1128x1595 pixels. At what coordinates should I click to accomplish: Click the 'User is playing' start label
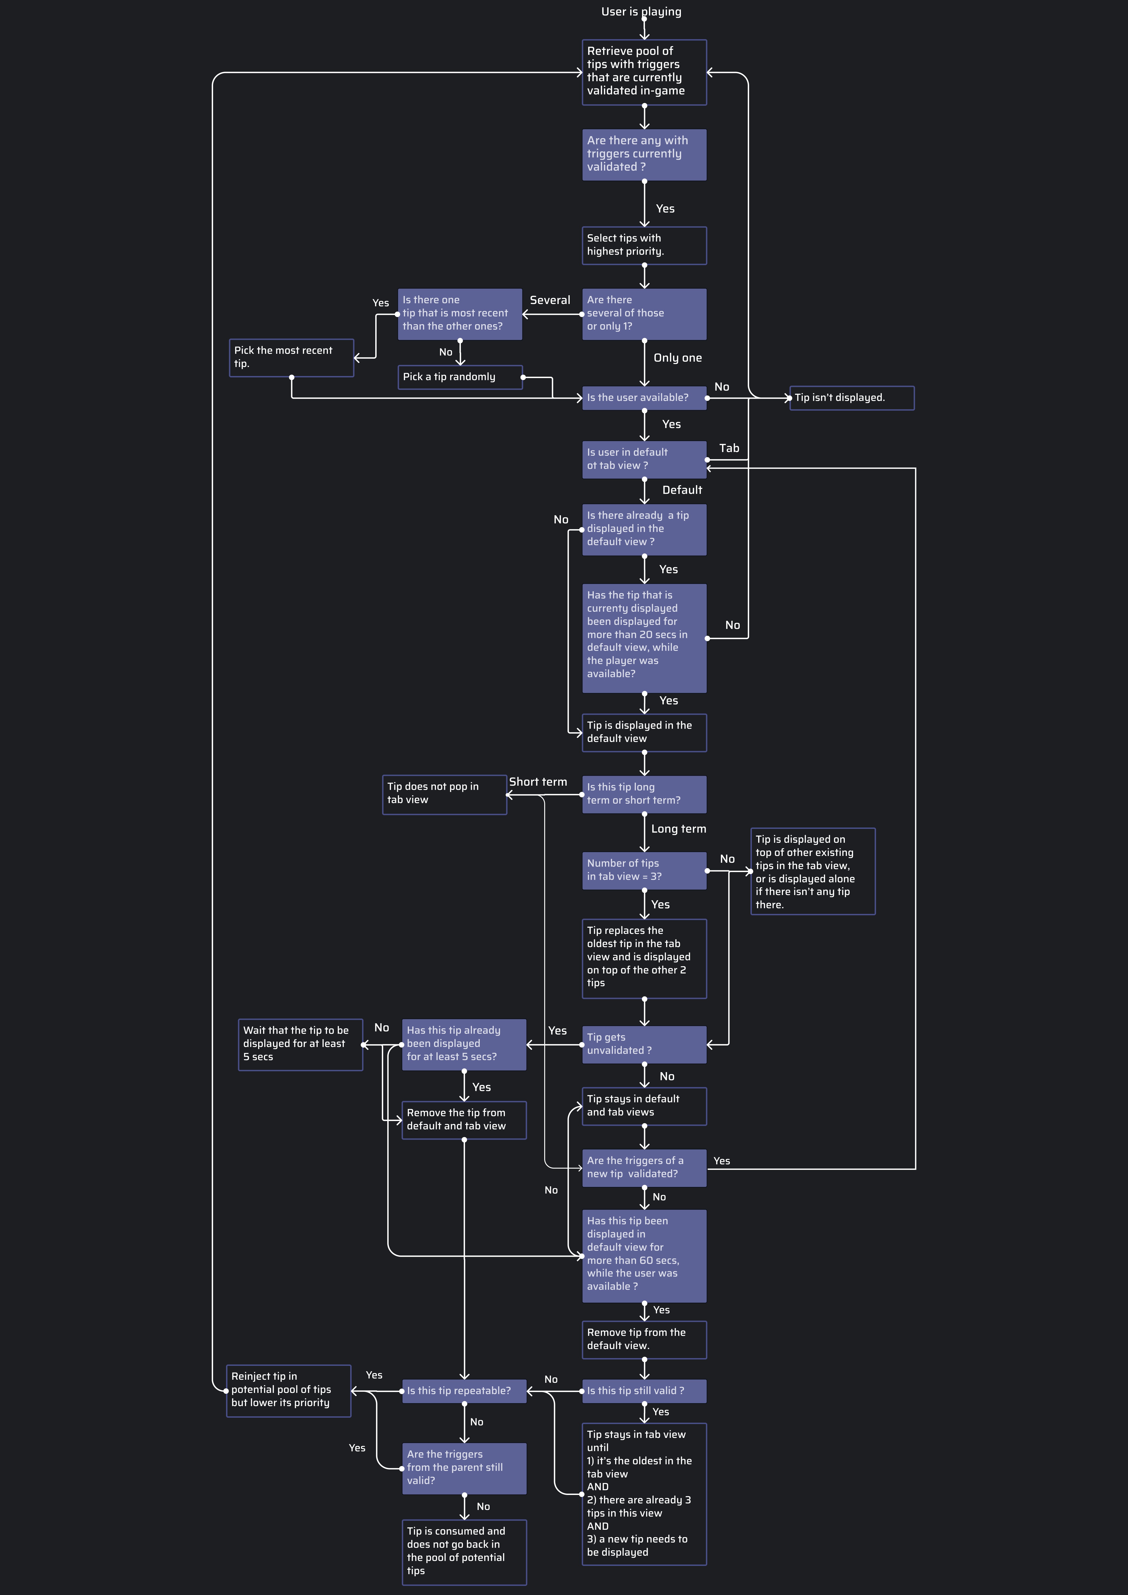click(x=641, y=12)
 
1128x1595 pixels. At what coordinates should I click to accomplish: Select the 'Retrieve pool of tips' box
click(x=644, y=72)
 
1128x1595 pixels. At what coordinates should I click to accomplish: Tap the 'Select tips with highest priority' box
click(x=644, y=245)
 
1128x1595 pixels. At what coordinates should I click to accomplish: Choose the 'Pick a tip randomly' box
click(x=460, y=377)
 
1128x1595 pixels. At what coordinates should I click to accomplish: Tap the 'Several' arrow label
click(x=550, y=300)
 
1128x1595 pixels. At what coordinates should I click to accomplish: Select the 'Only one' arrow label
click(x=678, y=358)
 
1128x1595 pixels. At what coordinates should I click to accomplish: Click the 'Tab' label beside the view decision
click(x=729, y=448)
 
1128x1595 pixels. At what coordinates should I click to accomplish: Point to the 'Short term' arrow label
click(x=538, y=782)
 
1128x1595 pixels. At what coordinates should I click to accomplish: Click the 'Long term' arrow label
click(x=678, y=829)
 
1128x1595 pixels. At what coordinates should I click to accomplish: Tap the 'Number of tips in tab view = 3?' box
click(x=644, y=870)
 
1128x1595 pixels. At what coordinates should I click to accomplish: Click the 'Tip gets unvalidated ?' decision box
click(x=644, y=1044)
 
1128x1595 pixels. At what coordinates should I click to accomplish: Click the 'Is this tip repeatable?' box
click(x=464, y=1391)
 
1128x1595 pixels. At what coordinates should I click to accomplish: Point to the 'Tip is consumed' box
click(x=464, y=1552)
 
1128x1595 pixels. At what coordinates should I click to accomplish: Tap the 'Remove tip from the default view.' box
click(x=644, y=1339)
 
